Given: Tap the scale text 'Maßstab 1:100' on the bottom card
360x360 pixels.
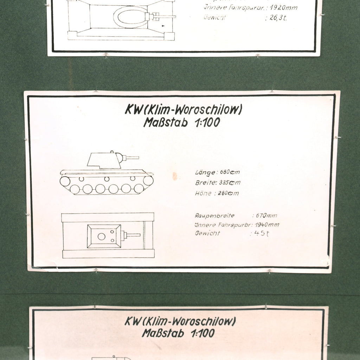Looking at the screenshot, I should click(178, 333).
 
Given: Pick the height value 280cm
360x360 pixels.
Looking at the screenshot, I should click(229, 193).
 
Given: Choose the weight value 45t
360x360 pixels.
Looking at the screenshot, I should click(259, 233).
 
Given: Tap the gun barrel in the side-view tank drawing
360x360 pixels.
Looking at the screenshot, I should click(132, 158).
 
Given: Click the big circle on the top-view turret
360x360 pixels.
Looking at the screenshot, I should click(101, 237).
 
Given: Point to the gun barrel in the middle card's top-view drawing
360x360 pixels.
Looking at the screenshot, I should click(133, 235).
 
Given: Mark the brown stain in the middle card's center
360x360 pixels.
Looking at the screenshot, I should click(175, 176).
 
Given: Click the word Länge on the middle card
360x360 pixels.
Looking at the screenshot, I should click(205, 173).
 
